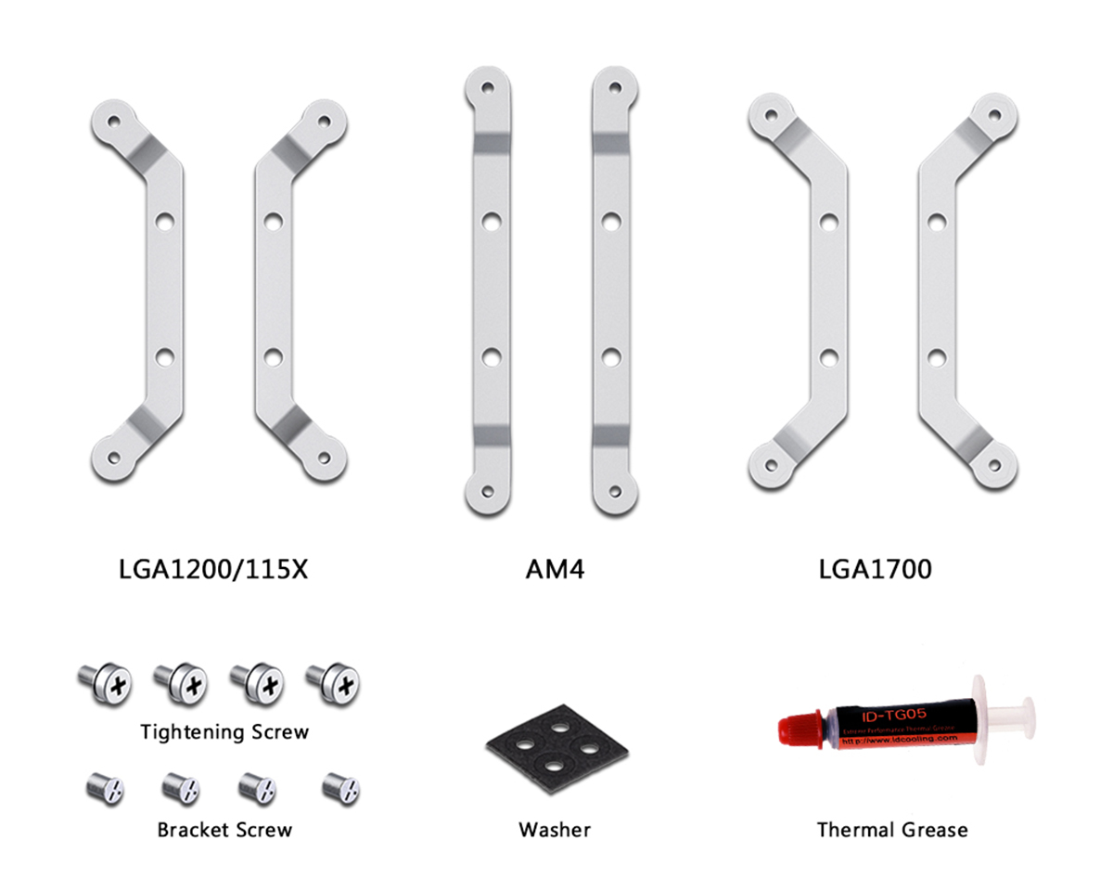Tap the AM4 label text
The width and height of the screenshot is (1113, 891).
(x=555, y=568)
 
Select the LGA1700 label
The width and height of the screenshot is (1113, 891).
(x=875, y=568)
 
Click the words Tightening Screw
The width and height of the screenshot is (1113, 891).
(x=224, y=732)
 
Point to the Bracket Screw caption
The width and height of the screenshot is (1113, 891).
(x=224, y=829)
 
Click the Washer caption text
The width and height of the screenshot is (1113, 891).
(x=555, y=829)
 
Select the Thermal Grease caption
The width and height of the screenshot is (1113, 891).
(x=891, y=829)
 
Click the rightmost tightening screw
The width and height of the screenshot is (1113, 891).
(x=335, y=684)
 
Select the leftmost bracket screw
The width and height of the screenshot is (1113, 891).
(x=105, y=788)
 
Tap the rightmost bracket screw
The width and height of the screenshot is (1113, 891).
(x=341, y=788)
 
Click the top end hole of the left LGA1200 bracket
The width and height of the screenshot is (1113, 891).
(x=113, y=121)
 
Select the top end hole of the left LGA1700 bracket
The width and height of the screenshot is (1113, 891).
(x=769, y=115)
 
